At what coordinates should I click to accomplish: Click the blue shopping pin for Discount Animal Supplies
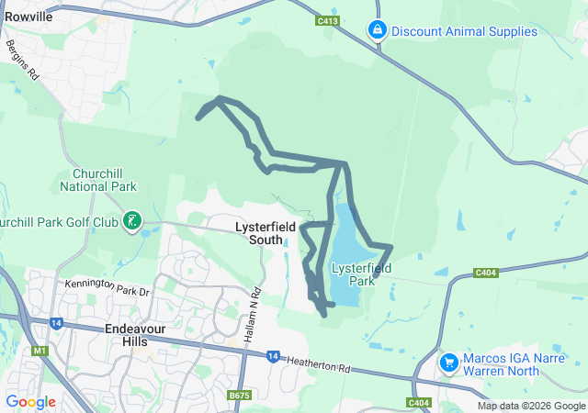(377, 30)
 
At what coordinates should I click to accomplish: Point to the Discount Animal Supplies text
(464, 31)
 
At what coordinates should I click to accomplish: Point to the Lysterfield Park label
(361, 273)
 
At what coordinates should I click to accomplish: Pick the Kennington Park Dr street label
(107, 287)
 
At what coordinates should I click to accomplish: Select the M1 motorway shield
(39, 351)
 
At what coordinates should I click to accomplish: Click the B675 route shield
(239, 396)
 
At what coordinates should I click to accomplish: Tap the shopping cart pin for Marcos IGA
(449, 363)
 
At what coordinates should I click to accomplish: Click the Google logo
(31, 402)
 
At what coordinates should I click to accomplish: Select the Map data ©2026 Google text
(530, 406)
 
